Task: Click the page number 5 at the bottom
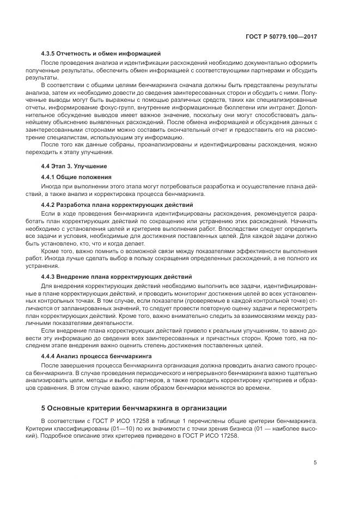pyautogui.click(x=315, y=463)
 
